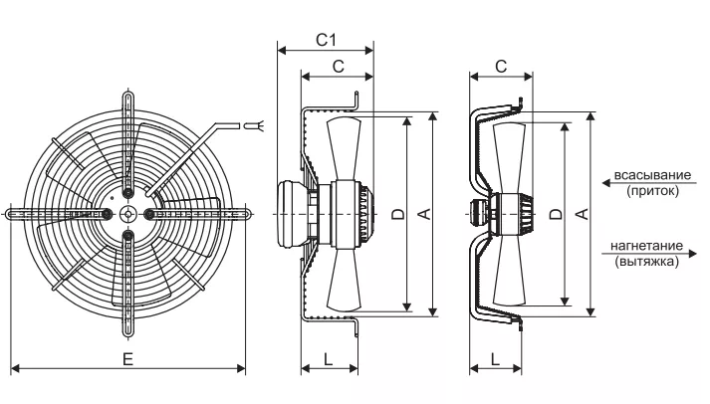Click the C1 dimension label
coord(326,40)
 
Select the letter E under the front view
coord(128,359)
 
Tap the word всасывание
coord(652,175)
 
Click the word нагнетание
coord(646,246)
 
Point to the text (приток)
coord(653,190)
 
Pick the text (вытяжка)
coord(647,262)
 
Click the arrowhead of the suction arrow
coord(606,183)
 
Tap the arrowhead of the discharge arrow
coord(692,254)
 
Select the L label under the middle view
coord(329,359)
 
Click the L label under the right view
coord(495,359)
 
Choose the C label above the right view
coord(501,66)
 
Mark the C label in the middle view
coord(339,66)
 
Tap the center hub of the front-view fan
coord(128,214)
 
